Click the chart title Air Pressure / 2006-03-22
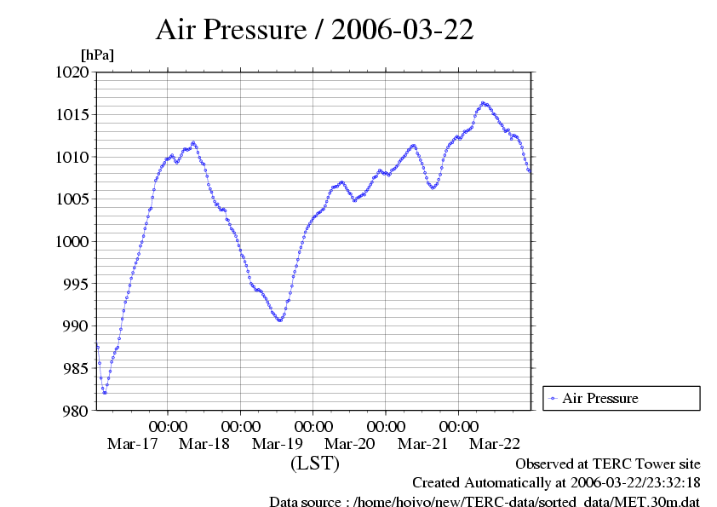[x=314, y=30]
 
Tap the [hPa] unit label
[x=97, y=55]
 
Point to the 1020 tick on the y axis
[x=72, y=72]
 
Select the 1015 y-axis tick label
[x=72, y=115]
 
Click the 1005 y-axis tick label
[x=72, y=199]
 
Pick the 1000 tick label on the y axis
[x=72, y=242]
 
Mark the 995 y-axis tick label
[x=76, y=284]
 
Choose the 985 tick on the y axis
[x=76, y=368]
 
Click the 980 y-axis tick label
[x=76, y=411]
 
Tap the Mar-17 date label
[x=132, y=444]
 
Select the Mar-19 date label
[x=277, y=444]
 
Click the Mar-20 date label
[x=350, y=444]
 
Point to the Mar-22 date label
[x=495, y=444]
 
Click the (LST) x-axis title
[x=314, y=464]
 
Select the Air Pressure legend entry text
[x=600, y=398]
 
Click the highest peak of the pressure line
[x=483, y=102]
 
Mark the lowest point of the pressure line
[x=104, y=393]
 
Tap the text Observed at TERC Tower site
[x=608, y=464]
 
